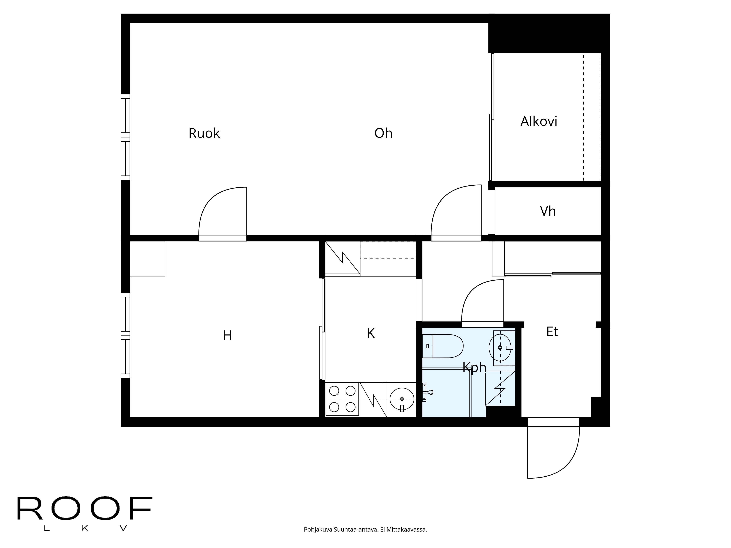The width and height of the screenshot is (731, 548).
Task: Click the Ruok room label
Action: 204,133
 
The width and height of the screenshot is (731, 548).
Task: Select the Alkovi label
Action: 539,121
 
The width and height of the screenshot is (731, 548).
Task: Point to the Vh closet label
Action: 548,211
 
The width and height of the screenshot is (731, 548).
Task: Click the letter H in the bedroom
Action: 227,336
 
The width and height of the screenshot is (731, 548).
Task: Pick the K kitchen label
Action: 370,334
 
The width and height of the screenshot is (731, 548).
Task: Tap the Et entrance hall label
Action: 552,332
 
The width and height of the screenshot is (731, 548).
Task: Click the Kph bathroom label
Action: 474,367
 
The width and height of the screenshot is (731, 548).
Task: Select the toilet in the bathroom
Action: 443,346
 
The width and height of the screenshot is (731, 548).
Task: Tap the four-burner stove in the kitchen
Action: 342,399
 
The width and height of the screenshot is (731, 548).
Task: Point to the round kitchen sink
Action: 402,399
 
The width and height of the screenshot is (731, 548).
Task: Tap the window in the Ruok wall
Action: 125,137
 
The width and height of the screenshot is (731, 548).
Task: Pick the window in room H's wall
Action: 125,335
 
